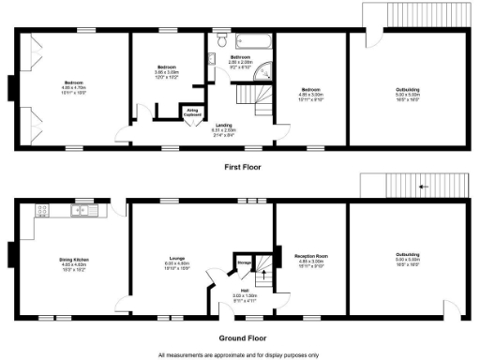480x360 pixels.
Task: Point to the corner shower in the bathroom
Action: pyautogui.click(x=264, y=68)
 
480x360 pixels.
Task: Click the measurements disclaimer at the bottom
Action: pyautogui.click(x=239, y=354)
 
